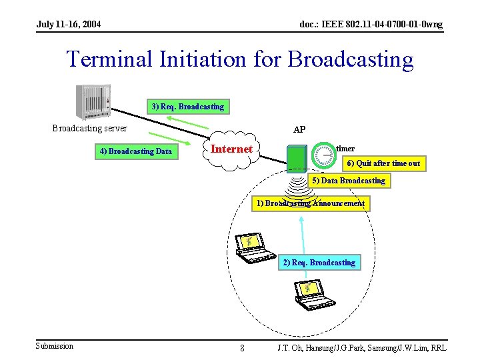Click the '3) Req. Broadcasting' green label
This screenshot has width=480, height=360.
coord(187,106)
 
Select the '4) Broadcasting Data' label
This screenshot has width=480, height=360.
coord(135,151)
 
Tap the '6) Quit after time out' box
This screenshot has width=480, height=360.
coord(383,163)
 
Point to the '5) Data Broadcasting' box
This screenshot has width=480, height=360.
coord(348,181)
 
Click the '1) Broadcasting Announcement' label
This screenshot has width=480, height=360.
coord(311,203)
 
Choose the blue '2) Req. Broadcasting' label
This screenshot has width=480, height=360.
coord(319,263)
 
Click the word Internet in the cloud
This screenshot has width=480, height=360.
coord(231,149)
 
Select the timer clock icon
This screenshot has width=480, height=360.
coord(323,153)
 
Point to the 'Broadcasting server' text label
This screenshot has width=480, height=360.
coord(90,129)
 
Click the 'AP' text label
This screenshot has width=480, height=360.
coord(299,129)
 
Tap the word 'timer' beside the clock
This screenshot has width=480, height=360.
coord(345,149)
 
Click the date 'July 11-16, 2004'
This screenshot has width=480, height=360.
coord(69,25)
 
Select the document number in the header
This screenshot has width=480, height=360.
coord(371,25)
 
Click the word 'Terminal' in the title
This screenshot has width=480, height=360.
coord(110,59)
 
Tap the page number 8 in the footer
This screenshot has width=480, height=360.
coord(242,348)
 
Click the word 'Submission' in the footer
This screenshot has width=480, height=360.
coord(55,345)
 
